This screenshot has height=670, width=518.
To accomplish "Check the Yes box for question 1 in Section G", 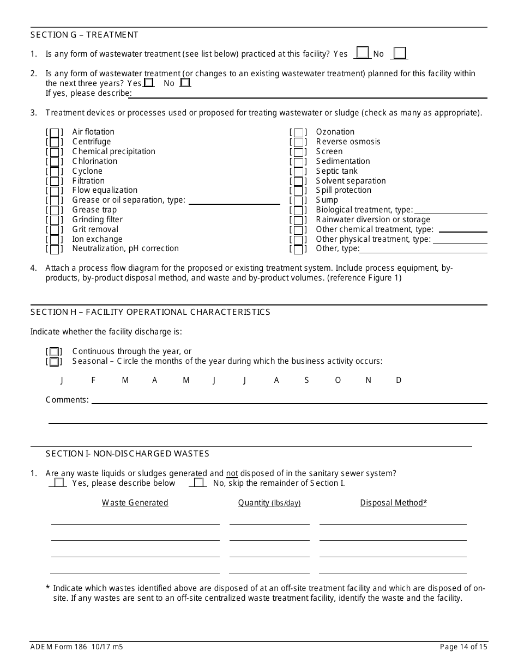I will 363,53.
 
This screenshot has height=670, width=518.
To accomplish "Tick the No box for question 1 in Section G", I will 400,53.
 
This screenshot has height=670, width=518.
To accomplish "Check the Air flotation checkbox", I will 55,132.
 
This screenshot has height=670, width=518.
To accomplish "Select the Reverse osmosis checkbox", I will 298,142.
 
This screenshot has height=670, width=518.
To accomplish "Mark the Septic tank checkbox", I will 298,172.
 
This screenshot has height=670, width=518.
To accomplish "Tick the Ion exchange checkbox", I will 55,240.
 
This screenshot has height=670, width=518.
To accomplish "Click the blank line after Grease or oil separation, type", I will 234,201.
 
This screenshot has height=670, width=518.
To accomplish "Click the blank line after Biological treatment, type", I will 450,210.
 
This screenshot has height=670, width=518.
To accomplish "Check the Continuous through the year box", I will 54,352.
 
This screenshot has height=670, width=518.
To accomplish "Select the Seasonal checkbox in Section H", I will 54,362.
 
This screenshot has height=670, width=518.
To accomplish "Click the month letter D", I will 399,381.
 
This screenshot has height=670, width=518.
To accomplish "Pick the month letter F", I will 93,381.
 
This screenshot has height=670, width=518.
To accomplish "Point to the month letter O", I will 338,381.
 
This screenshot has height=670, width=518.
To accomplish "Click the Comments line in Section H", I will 289,400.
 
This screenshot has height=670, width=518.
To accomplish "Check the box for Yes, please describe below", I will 59,483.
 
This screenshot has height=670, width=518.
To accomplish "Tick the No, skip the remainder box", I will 199,483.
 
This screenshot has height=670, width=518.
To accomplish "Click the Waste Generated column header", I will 135,503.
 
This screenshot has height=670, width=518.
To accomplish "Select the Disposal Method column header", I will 393,503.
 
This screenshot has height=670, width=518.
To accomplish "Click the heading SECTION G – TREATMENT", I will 85,35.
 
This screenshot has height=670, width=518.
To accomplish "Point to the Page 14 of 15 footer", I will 463,647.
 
